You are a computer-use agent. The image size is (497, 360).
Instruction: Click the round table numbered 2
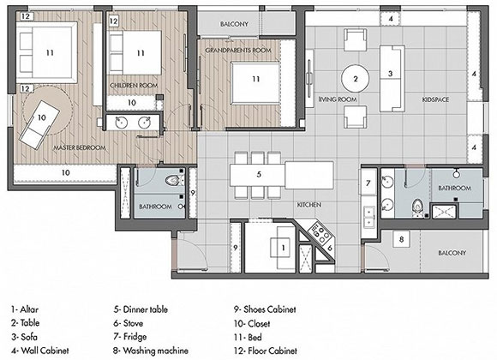click(x=355, y=79)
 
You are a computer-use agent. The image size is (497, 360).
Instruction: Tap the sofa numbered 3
click(x=392, y=79)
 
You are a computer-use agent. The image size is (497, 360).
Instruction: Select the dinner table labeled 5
click(x=281, y=175)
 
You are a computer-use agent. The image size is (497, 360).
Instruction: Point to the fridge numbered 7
click(x=368, y=183)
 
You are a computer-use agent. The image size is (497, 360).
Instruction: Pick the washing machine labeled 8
click(x=401, y=239)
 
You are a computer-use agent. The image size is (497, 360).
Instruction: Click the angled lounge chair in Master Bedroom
click(x=39, y=125)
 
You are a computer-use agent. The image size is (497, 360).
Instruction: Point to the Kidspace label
click(x=435, y=99)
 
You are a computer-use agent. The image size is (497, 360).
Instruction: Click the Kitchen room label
click(x=309, y=205)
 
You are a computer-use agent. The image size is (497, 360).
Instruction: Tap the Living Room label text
click(x=338, y=99)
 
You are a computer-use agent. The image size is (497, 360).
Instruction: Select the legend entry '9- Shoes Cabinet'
click(x=265, y=309)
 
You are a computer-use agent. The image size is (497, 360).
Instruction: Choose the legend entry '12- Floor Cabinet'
click(x=266, y=351)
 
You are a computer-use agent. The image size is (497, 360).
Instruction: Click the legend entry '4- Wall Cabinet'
click(x=40, y=351)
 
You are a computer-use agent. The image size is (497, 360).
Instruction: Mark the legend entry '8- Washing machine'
click(x=151, y=351)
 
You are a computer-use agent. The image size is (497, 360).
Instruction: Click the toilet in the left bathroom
click(x=174, y=181)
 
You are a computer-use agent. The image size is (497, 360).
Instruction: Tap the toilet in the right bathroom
click(x=418, y=207)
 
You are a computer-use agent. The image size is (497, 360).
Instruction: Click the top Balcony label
click(x=234, y=24)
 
